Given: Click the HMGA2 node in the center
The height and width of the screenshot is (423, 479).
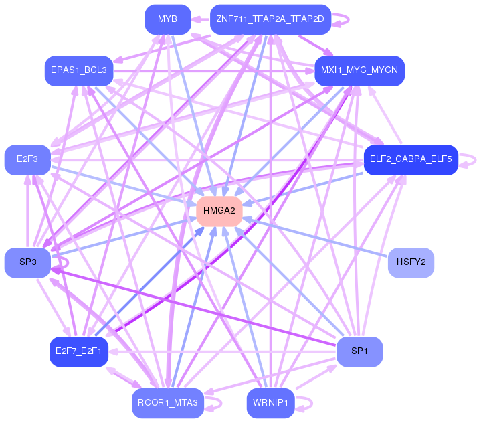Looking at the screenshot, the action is [x=219, y=211].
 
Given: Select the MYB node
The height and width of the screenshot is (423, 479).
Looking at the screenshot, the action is [x=168, y=19].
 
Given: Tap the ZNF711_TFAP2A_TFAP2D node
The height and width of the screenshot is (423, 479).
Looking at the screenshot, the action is [x=270, y=19].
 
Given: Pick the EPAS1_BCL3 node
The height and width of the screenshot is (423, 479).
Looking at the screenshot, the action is [x=79, y=70].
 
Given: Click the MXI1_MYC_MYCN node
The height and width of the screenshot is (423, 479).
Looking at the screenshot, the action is [x=359, y=70].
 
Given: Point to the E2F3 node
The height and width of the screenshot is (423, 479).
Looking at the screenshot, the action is [x=27, y=160].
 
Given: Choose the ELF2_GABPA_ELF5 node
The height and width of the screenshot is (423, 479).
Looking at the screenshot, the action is [x=411, y=160].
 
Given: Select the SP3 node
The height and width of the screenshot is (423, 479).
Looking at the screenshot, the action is [x=27, y=262].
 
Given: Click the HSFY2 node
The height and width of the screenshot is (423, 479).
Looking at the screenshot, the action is [x=411, y=262].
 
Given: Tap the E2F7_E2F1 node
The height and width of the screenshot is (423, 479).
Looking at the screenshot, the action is [x=79, y=352].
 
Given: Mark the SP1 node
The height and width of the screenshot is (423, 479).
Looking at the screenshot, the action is [x=359, y=352].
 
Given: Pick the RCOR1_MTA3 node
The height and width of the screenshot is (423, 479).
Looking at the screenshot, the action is [x=168, y=403].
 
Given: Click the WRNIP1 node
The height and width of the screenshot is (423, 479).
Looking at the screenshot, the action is [x=270, y=403].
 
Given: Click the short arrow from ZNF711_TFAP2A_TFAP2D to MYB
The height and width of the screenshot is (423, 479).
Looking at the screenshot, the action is [x=201, y=19].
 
